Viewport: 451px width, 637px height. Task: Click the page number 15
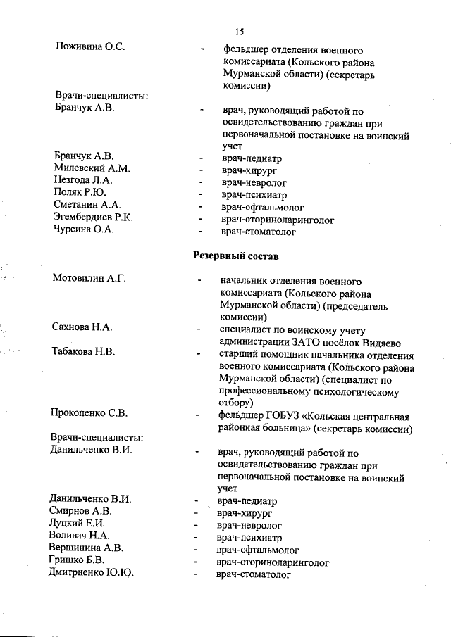click(239, 31)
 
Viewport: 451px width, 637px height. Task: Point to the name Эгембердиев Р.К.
click(93, 217)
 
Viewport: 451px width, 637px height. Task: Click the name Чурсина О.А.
click(84, 230)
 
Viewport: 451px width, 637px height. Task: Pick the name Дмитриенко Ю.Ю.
click(92, 573)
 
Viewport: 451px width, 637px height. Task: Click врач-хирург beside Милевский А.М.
click(247, 169)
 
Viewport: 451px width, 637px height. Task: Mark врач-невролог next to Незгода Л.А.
click(251, 181)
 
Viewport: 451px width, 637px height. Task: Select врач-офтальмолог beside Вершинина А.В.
click(258, 550)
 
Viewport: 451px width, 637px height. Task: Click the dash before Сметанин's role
click(202, 206)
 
